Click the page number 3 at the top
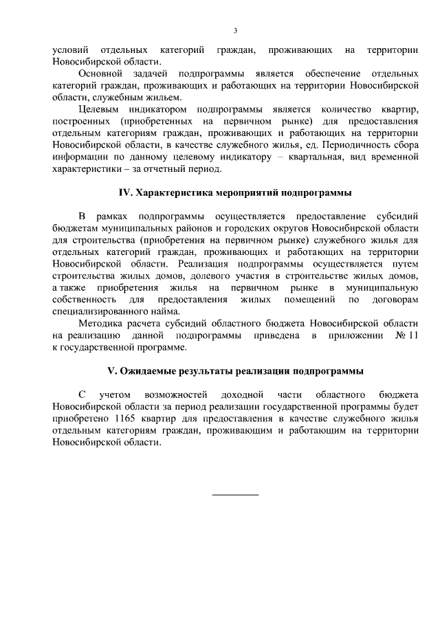[235, 31]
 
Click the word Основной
[100, 73]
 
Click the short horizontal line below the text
[235, 494]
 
